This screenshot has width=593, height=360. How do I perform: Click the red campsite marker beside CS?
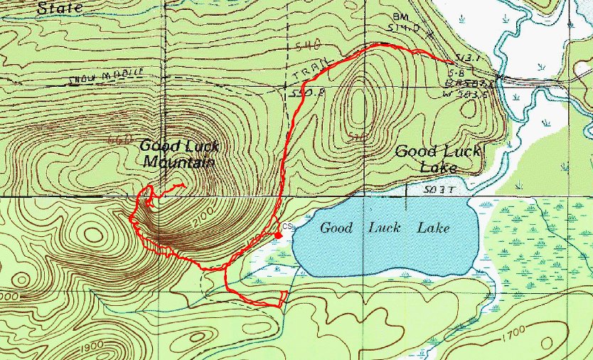point(278,235)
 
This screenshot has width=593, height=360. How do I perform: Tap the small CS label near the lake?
point(286,226)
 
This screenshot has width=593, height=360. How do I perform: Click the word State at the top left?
point(60,9)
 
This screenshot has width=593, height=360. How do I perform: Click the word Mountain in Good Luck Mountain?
point(178,162)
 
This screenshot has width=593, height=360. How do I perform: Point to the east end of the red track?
point(453,63)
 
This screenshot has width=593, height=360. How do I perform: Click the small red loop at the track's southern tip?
point(282,297)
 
